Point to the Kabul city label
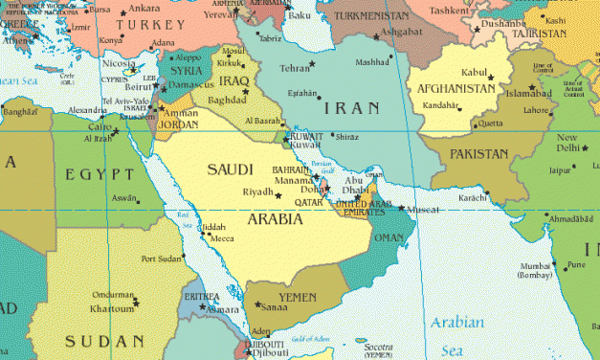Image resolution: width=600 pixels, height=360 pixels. coord(477,73)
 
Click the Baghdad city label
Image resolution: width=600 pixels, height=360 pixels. coord(226,101)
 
